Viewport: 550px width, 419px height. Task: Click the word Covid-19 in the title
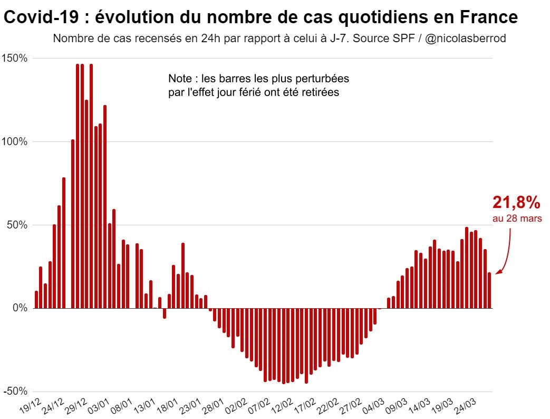pos(41,17)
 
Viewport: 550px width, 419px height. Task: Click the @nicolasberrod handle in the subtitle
pos(466,38)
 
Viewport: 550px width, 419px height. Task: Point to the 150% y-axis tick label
pos(15,58)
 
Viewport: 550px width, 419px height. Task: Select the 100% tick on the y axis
pos(15,142)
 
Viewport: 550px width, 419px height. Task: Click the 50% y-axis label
pos(17,225)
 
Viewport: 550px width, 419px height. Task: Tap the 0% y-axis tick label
pos(20,308)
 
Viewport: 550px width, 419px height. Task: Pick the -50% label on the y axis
pos(15,391)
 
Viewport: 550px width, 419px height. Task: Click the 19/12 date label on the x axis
pos(31,406)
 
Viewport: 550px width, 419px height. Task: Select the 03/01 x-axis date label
pos(99,406)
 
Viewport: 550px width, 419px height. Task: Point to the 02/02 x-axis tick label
pos(236,406)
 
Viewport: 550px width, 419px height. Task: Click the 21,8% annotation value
pos(516,203)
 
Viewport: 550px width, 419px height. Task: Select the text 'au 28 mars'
pos(517,218)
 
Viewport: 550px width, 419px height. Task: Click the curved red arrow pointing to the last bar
pos(507,254)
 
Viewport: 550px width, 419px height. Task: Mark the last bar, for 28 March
pos(489,291)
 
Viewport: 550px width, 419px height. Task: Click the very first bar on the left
pos(36,300)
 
